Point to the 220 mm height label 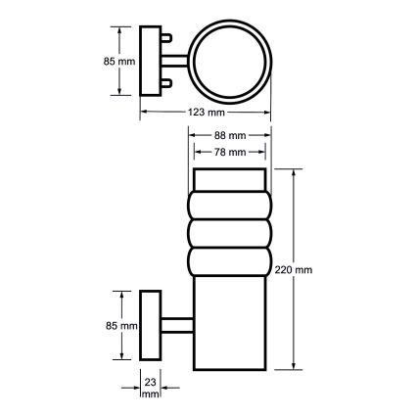click(295, 269)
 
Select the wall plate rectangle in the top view click(150, 61)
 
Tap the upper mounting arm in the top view click(170, 41)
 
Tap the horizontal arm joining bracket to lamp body click(176, 325)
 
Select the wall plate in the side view click(151, 325)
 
